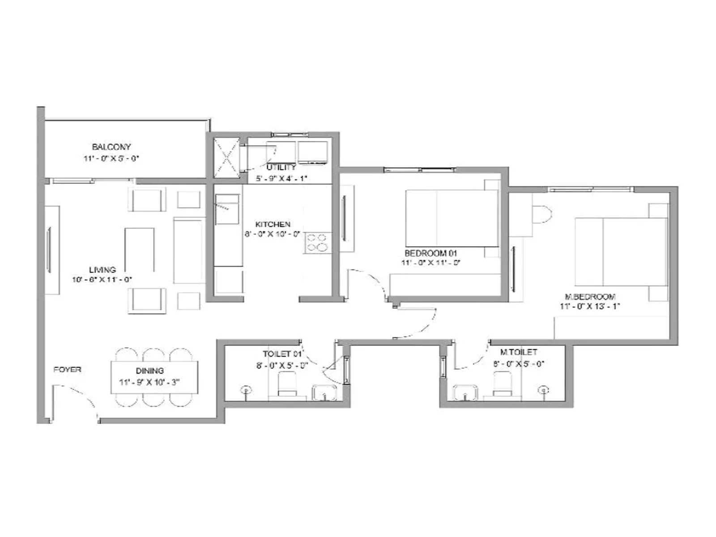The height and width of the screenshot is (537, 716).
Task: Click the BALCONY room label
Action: coord(111,147)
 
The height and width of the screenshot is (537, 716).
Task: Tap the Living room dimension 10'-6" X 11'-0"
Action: coord(102,280)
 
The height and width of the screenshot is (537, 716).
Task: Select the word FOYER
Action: coord(67,370)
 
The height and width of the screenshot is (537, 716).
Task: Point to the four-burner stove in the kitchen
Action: coord(317,243)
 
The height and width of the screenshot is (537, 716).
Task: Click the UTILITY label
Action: coord(281,167)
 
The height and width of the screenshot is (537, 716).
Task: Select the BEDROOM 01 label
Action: coord(430,253)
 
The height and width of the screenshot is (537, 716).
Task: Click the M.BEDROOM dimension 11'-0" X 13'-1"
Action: coord(589,307)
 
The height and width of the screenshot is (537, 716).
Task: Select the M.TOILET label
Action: coord(518,353)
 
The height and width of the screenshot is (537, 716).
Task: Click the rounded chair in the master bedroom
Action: coord(541,215)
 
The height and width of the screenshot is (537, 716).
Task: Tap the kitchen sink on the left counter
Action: coord(227,209)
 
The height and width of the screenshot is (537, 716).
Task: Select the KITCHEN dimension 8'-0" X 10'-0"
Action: coord(272,234)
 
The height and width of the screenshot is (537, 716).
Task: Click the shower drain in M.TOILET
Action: coord(544,390)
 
